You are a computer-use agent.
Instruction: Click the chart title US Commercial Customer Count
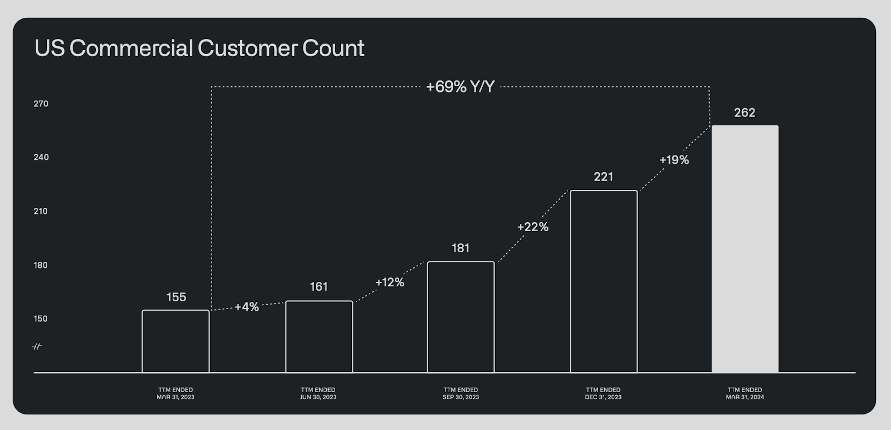point(199,48)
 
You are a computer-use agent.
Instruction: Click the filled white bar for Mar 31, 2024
point(745,249)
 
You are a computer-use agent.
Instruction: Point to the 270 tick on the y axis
point(41,104)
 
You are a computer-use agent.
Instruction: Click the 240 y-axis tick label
point(41,158)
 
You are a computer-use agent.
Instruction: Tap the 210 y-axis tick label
point(41,211)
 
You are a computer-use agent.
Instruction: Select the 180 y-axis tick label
point(41,265)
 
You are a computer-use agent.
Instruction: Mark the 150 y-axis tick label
point(41,319)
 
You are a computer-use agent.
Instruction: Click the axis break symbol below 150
point(37,347)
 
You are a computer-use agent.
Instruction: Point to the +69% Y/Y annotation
point(460,87)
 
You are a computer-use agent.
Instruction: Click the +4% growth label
point(247,307)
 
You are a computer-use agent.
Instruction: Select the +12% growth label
point(390,282)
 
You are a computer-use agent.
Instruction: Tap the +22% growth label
point(533,227)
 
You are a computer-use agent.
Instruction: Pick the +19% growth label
point(674,160)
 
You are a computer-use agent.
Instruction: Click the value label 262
point(745,113)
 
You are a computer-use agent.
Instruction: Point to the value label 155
point(176,297)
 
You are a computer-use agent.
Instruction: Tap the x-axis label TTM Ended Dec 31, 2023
point(604,393)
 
